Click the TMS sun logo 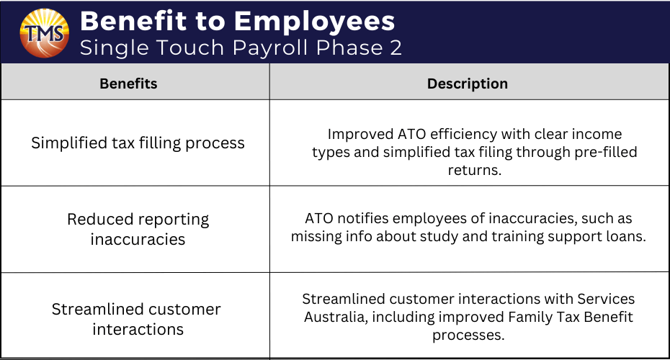[45, 33]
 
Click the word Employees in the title [315, 22]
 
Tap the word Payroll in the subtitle [270, 48]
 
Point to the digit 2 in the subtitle [396, 48]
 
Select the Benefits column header [129, 84]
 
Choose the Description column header [468, 84]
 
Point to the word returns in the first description [474, 171]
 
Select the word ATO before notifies [318, 218]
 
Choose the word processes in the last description [468, 336]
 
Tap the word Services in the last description [606, 299]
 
